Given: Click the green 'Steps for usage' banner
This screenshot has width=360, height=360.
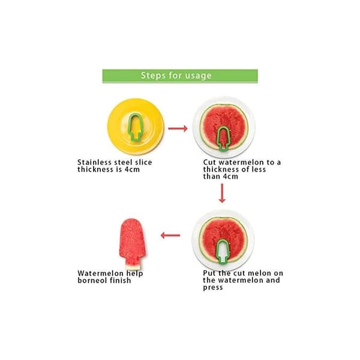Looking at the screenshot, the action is [180, 76].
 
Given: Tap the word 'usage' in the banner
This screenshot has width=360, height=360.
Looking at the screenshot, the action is [199, 76].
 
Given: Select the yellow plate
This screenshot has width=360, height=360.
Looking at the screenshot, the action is [136, 127].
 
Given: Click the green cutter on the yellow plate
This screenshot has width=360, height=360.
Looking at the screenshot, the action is [135, 127].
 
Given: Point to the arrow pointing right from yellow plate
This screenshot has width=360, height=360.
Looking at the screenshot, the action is [178, 128].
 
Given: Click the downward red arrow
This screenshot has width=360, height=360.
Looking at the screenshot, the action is [222, 193].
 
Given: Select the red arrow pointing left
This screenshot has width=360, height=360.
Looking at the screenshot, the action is [170, 235].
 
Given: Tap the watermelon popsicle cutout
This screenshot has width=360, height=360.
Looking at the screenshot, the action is [132, 244].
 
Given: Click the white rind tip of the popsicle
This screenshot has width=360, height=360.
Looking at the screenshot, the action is [133, 267].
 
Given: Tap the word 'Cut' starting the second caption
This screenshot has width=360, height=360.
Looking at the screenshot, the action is [209, 163].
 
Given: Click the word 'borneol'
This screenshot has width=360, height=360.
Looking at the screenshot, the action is [92, 280].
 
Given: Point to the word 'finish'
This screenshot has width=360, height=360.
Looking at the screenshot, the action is [121, 280].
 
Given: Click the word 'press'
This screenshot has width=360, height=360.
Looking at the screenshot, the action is [213, 287].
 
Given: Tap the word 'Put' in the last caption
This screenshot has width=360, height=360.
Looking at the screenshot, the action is [209, 273].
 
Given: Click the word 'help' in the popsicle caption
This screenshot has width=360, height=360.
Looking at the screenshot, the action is [134, 274].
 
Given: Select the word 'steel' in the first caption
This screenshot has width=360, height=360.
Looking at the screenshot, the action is [122, 163].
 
